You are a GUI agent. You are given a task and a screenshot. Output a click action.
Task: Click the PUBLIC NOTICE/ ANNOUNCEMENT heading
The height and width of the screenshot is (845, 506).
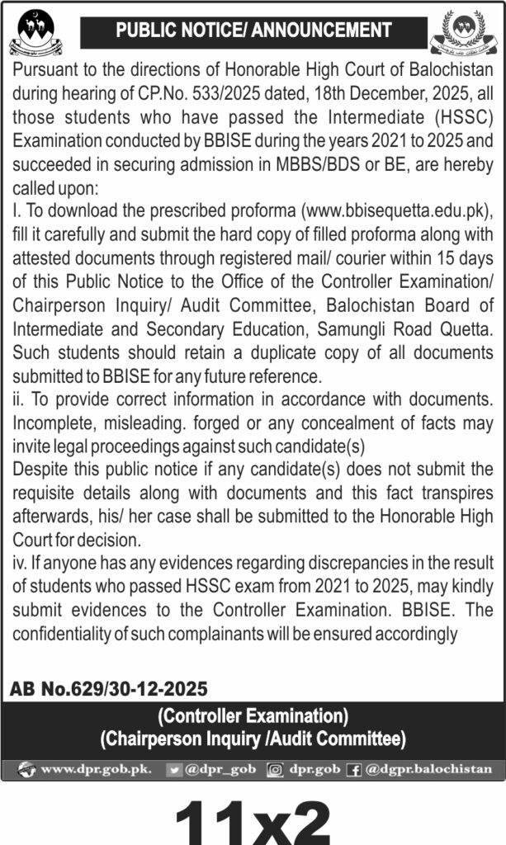tap(253, 31)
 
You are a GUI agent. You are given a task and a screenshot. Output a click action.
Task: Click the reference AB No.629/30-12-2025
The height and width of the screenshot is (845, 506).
tap(109, 688)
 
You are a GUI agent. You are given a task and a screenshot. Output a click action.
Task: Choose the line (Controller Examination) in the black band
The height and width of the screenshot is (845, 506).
tap(253, 715)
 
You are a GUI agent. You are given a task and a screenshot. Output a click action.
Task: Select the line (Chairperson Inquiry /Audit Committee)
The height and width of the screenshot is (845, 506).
tap(253, 737)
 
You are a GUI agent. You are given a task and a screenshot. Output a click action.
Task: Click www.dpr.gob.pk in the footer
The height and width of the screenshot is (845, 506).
tap(96, 769)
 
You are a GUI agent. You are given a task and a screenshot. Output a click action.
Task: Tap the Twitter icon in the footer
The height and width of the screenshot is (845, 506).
tap(174, 769)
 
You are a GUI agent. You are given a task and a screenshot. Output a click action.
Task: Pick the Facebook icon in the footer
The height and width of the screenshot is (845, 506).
tap(354, 769)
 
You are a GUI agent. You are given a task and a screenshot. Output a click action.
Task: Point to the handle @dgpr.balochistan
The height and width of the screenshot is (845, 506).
tap(429, 769)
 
